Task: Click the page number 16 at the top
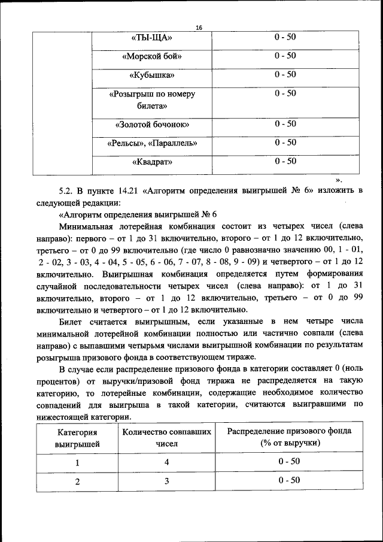(199, 28)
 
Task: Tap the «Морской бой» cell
(152, 57)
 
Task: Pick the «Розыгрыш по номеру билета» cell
(152, 100)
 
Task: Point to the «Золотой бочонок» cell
(152, 125)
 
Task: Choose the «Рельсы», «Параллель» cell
(152, 143)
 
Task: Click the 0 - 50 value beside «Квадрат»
(285, 161)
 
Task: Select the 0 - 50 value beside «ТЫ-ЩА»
(285, 37)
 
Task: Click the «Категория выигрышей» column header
(77, 438)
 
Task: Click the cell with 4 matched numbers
(167, 462)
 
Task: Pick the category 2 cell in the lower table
(77, 481)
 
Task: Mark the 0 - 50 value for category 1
(289, 462)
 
